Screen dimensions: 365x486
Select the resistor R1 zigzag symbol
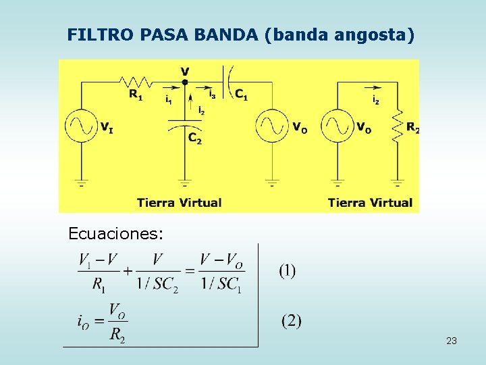tap(135, 82)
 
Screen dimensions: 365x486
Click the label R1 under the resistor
tap(136, 95)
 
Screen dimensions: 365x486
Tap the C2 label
tap(194, 138)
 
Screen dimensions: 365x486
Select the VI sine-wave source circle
tap(82, 126)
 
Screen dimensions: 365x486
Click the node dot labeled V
tap(185, 82)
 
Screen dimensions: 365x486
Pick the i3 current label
tap(212, 93)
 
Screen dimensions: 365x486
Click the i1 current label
tap(168, 99)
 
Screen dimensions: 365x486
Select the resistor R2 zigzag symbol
tap(398, 126)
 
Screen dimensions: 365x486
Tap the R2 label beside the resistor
tap(412, 127)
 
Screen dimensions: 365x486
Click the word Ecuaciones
tap(115, 234)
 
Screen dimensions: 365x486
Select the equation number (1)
tap(288, 271)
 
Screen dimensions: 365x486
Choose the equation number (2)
tap(291, 320)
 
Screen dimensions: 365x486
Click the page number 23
tap(452, 341)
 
